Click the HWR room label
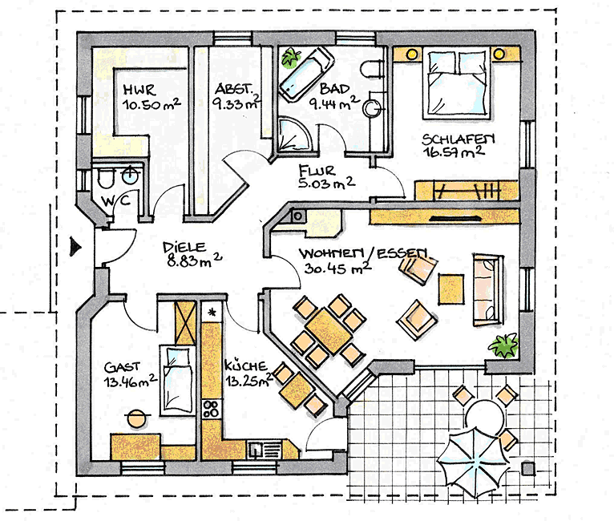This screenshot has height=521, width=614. point(139,87)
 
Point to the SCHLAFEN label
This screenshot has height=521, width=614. point(459,138)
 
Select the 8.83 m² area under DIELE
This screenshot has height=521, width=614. point(192,262)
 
